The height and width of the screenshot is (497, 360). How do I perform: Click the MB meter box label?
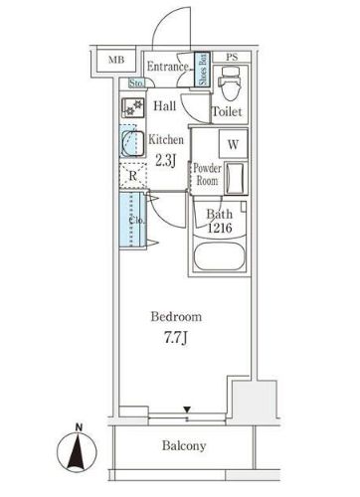click(116, 60)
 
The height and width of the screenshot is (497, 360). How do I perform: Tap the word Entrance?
click(168, 67)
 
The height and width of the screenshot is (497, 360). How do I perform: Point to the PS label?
click(232, 57)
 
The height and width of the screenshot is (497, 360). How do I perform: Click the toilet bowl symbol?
click(231, 83)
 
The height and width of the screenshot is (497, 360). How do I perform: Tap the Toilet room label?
click(227, 111)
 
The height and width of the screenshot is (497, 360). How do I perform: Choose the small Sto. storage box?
click(136, 83)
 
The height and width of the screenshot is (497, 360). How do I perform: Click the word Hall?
click(165, 106)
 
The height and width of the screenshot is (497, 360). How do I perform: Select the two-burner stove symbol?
click(133, 107)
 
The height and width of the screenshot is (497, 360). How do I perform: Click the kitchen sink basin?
click(132, 144)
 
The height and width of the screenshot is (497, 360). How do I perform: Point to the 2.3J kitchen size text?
click(165, 160)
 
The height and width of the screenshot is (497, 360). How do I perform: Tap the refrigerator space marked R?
click(132, 176)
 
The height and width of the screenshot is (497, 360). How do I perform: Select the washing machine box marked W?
click(233, 144)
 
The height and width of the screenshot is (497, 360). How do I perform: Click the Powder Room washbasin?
click(236, 178)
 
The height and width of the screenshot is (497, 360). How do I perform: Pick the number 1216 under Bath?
click(220, 228)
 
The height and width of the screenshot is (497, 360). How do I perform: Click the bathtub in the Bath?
click(220, 256)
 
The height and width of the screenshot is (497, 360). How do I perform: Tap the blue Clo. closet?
click(132, 220)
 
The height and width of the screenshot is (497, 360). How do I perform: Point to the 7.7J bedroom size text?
click(176, 338)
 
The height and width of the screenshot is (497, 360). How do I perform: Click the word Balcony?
click(184, 445)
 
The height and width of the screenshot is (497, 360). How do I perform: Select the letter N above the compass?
click(79, 427)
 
